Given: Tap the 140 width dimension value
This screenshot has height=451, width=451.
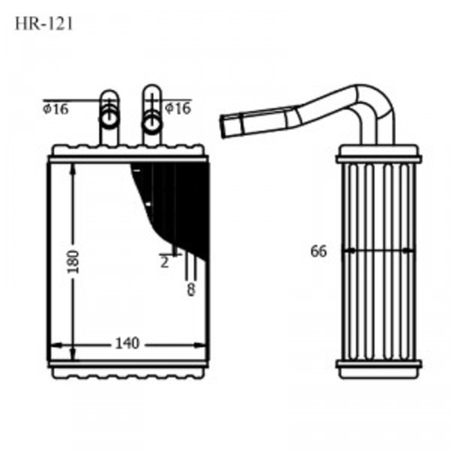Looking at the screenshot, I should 126,343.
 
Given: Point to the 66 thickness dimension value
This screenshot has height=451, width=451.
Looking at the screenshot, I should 318,252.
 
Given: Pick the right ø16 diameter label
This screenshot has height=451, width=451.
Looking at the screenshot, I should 178,108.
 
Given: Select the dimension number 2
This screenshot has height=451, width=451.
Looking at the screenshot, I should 164,262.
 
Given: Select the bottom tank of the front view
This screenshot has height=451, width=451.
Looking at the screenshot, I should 127,367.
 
